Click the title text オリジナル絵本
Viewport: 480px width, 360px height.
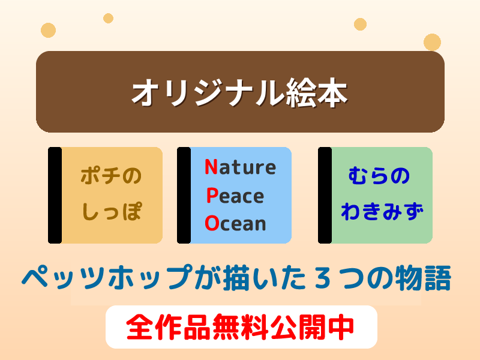click(240, 93)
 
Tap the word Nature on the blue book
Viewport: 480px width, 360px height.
click(240, 167)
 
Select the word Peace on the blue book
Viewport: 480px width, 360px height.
click(235, 196)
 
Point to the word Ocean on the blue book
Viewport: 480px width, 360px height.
click(235, 223)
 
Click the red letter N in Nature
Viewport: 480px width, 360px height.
click(211, 167)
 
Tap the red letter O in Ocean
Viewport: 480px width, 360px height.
click(211, 223)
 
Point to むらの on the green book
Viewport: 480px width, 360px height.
click(379, 176)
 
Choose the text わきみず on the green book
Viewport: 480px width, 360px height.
click(382, 211)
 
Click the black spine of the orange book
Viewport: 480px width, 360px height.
click(55, 195)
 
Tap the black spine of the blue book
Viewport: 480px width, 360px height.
click(184, 195)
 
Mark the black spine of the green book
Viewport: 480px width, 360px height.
click(325, 195)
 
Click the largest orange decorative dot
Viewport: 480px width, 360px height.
click(432, 42)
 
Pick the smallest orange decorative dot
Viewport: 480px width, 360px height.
click(108, 18)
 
